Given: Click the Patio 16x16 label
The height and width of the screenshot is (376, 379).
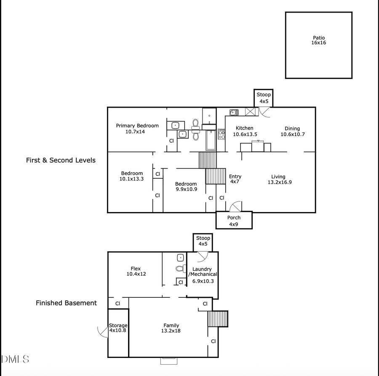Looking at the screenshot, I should [x=319, y=40].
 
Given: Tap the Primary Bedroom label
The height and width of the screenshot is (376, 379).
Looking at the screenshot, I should [x=137, y=129].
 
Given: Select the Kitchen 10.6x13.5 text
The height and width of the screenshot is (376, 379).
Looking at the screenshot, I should [x=245, y=131].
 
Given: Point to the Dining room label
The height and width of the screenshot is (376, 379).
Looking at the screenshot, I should [x=292, y=131].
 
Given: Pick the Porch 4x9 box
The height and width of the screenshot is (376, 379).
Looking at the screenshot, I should [x=234, y=220].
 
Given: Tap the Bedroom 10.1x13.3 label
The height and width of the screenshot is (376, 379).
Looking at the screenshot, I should [x=131, y=176].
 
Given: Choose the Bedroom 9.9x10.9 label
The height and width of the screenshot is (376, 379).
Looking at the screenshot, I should [x=186, y=187].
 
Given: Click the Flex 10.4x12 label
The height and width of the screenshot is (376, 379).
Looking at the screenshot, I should [x=136, y=271].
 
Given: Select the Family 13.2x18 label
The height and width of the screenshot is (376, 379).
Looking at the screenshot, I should [x=171, y=328].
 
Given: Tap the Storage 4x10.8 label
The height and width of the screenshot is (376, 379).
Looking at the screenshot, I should [x=118, y=328].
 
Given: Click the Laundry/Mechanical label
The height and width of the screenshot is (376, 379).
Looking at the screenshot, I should [x=203, y=275].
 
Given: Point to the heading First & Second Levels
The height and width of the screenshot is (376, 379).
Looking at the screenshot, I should [x=61, y=160].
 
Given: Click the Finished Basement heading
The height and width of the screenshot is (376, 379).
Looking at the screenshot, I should [x=66, y=303].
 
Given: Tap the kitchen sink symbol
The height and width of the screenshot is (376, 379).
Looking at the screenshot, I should [x=234, y=112].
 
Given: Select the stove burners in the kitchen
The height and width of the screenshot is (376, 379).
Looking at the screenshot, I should [x=221, y=134].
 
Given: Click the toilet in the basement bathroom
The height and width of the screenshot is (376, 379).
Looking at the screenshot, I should [x=179, y=268].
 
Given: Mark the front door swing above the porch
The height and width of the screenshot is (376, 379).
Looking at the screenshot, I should [x=236, y=206].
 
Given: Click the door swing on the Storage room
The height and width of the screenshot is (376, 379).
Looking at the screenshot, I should [x=102, y=332].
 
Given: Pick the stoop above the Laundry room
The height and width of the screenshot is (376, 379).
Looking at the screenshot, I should [x=203, y=241].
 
